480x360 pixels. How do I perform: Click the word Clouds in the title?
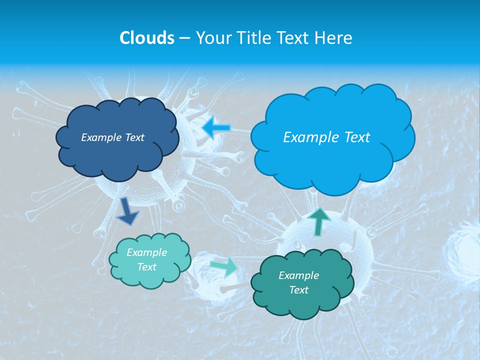point(146,38)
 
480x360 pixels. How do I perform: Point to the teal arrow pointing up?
point(319,221)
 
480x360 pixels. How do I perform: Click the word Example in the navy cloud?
point(100,137)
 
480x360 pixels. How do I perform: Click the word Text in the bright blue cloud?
point(353,137)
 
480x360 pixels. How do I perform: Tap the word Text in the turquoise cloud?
point(147,267)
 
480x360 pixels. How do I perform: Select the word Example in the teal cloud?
point(298,275)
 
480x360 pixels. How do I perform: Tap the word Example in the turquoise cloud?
point(146,252)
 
